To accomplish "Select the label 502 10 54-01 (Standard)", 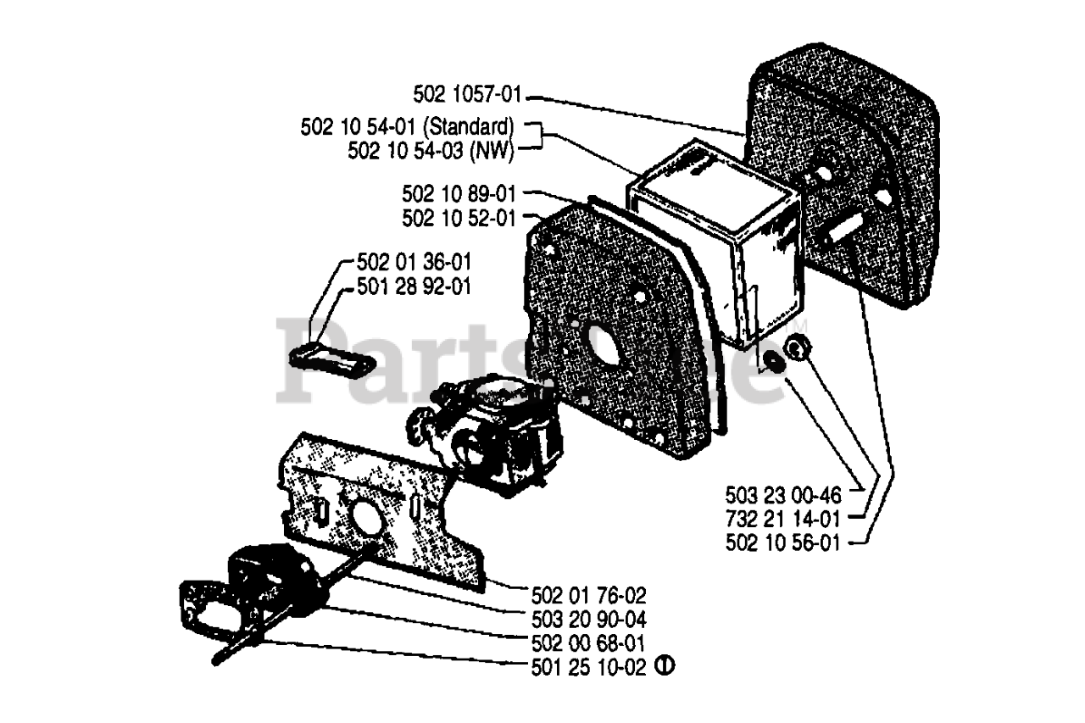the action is [407, 127].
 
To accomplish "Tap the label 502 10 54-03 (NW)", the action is [431, 150].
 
